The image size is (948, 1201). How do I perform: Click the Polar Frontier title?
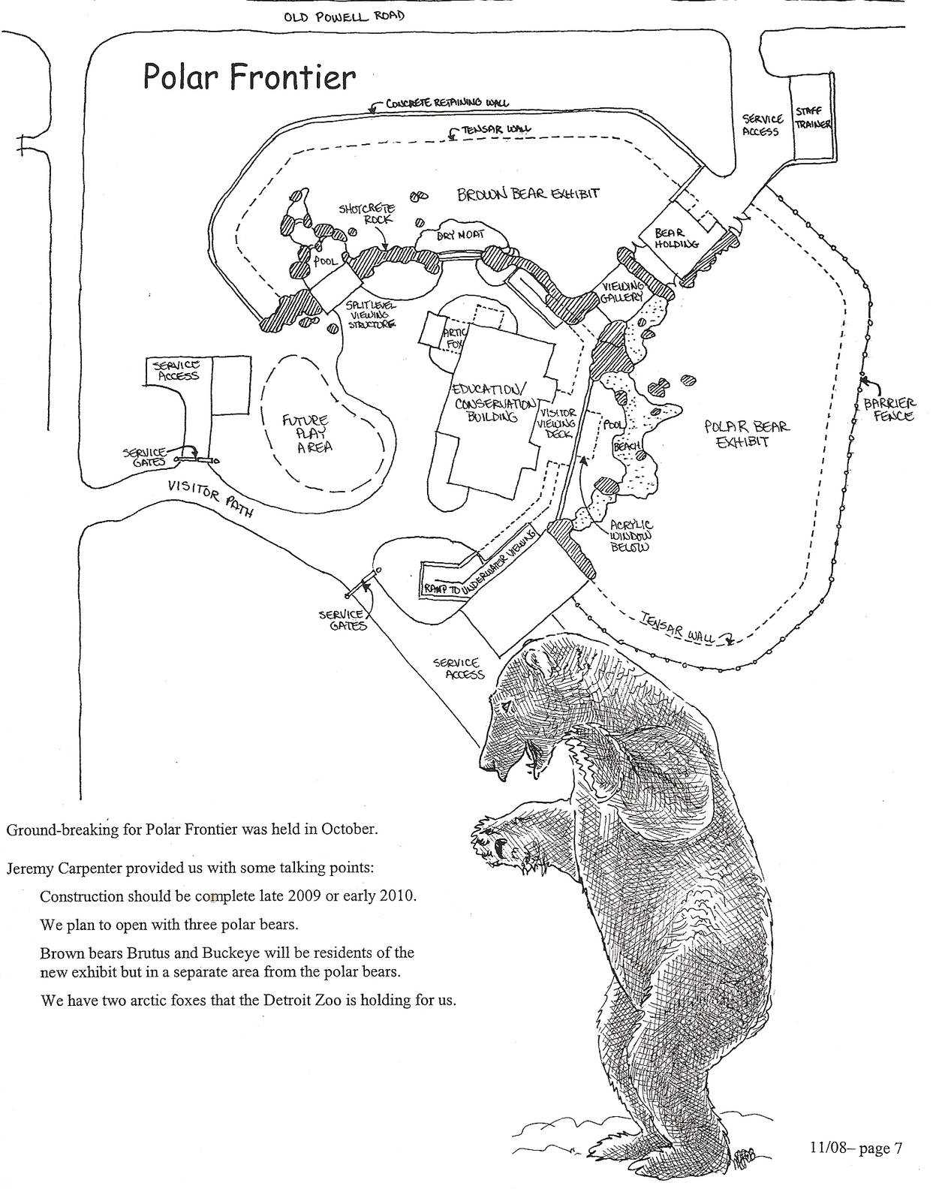click(248, 77)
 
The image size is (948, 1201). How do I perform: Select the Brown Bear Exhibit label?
click(528, 194)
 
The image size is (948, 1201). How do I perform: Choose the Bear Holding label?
click(676, 239)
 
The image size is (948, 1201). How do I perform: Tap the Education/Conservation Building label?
click(491, 402)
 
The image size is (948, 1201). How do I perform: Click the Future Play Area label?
click(307, 434)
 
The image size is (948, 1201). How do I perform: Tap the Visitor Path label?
click(209, 499)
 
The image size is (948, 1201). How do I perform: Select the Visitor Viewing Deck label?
click(556, 423)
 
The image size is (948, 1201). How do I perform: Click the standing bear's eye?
click(509, 707)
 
